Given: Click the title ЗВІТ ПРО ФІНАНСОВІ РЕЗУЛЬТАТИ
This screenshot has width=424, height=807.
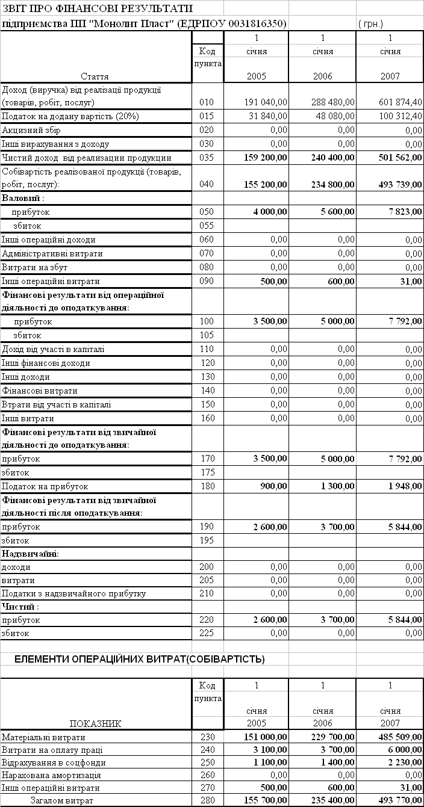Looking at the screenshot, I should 97,8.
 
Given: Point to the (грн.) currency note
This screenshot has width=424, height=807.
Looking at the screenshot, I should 371,24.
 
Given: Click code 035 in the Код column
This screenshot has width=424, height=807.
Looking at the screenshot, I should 207,158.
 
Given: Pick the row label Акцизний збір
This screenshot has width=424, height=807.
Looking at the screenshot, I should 31,131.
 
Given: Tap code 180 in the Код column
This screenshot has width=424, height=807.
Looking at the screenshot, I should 207,486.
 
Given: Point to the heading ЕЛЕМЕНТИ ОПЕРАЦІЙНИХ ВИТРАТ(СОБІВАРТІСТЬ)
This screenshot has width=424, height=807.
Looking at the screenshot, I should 139,660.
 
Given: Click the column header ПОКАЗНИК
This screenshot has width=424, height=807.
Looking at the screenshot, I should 96,724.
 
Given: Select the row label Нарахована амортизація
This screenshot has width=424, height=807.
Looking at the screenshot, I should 51,776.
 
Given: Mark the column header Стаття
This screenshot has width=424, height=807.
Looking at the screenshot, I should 96,76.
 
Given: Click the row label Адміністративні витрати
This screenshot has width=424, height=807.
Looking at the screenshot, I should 52,254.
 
